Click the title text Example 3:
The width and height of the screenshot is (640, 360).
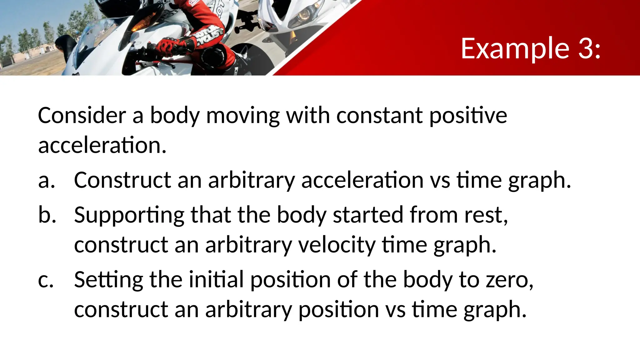530,48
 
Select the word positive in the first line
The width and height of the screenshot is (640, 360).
468,116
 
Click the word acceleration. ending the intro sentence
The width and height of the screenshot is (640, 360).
102,145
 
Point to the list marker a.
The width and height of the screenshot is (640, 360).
46,181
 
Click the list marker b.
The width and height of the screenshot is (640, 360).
47,215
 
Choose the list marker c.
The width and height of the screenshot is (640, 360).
46,280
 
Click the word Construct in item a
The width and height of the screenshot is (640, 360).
122,180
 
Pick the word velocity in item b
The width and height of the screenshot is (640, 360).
337,245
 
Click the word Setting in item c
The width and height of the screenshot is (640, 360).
108,280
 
